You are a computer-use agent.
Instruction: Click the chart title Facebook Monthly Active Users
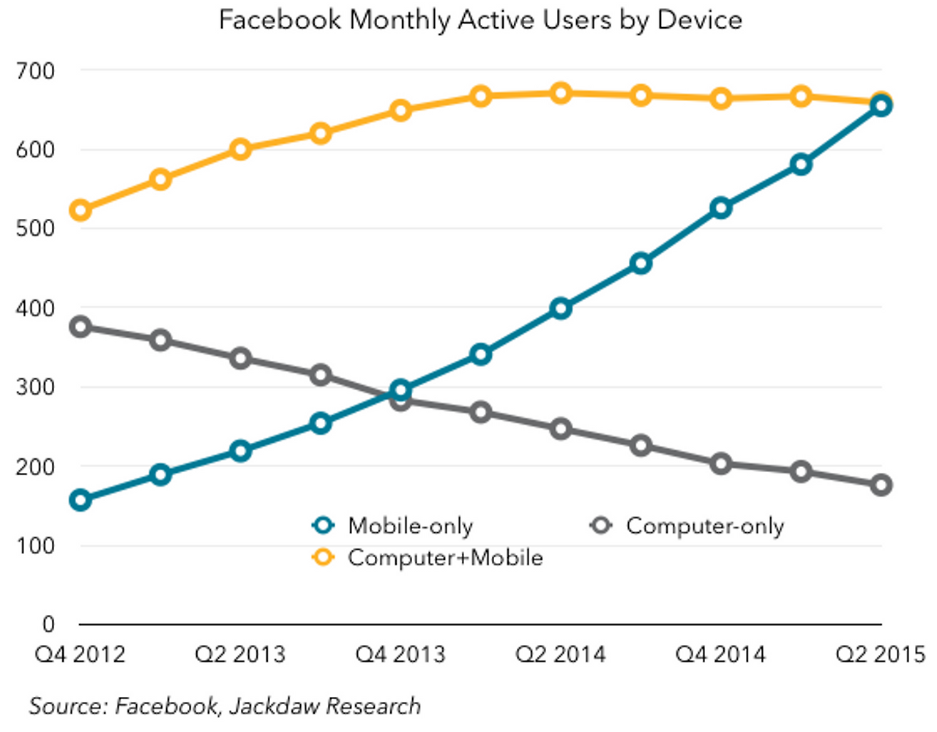480,20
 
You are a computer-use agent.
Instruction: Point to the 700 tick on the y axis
35,71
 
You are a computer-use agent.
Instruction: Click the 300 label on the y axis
35,387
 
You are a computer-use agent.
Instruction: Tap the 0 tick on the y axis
48,624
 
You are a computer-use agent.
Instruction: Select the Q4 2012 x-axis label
80,654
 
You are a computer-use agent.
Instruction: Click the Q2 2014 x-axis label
561,654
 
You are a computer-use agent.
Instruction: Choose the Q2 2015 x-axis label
881,654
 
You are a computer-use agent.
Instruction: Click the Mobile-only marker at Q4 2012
80,501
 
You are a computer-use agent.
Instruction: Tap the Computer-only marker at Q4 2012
80,326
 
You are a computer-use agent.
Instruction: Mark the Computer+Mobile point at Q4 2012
80,211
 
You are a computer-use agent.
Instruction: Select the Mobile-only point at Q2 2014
561,308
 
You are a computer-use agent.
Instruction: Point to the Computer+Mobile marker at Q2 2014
561,94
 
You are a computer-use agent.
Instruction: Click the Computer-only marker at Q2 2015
881,485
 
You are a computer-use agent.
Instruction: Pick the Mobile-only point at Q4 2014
721,209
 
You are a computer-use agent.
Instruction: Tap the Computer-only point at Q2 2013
240,359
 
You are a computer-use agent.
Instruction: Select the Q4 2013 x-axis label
400,654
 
